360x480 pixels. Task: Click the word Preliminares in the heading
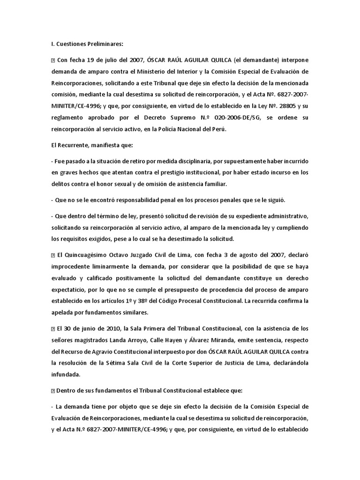tap(102, 45)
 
